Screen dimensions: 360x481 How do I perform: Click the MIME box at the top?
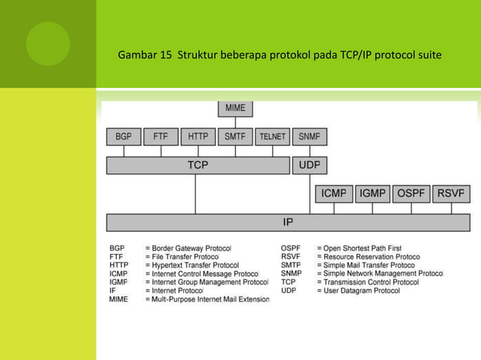point(235,108)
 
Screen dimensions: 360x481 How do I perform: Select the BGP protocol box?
point(123,137)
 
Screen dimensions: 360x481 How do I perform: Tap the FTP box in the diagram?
point(161,137)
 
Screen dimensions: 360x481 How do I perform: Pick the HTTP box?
point(198,137)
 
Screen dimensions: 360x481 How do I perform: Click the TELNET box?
point(272,137)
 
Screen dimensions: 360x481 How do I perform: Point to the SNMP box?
point(309,137)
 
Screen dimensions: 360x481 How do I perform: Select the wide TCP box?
point(198,165)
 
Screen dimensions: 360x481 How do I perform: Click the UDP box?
point(309,165)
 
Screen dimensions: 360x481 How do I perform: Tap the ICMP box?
point(333,194)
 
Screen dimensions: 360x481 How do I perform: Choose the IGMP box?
point(372,194)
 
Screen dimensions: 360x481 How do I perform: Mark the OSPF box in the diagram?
point(412,194)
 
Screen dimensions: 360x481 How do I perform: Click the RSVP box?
point(453,194)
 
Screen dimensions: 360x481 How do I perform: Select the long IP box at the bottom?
point(288,222)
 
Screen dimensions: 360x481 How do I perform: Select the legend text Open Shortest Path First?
point(362,248)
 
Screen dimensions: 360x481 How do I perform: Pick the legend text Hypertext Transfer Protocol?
point(195,265)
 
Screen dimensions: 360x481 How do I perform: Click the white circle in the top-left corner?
point(47,44)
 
